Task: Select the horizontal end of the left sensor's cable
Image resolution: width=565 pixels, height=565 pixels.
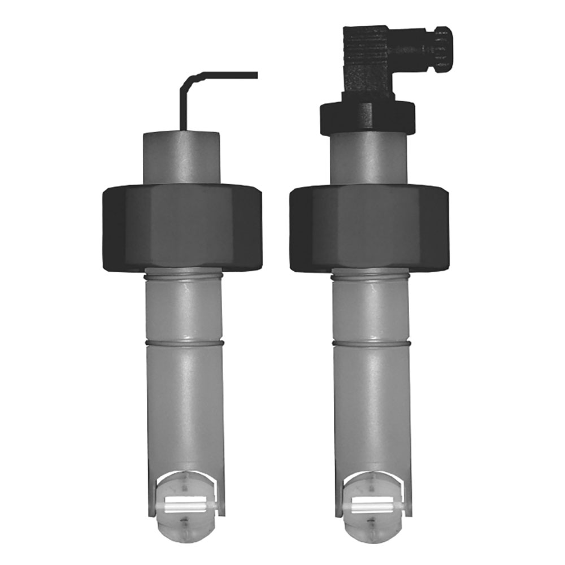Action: (237, 75)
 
